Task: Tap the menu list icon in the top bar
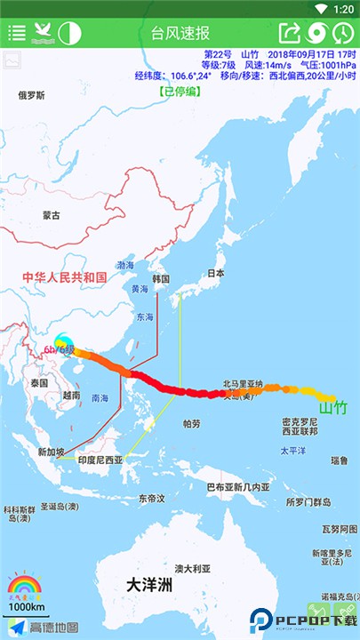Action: click(17, 34)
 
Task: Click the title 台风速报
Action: click(180, 34)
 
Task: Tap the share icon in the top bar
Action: click(290, 34)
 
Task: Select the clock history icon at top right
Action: click(343, 34)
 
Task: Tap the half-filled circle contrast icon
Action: click(69, 34)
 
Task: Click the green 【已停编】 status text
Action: click(180, 91)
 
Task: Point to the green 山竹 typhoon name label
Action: click(333, 408)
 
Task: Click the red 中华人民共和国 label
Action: click(64, 277)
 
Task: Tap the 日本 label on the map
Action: click(215, 273)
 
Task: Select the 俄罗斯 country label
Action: click(30, 95)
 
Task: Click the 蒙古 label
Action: click(52, 215)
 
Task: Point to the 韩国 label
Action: click(161, 278)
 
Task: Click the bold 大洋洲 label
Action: click(148, 586)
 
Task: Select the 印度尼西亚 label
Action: click(100, 460)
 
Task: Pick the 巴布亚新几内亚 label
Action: click(237, 487)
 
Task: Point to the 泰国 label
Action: click(37, 382)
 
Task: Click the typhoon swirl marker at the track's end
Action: click(64, 342)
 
